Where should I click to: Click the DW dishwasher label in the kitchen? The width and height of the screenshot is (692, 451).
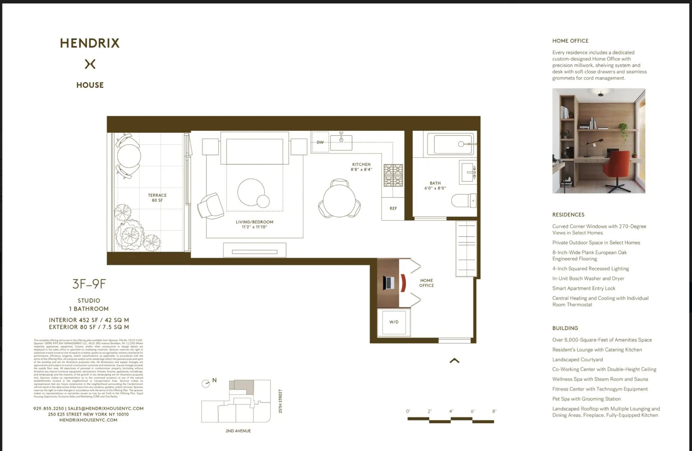320,142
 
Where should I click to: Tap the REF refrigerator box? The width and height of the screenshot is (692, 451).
393,209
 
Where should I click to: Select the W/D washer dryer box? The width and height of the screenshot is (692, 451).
394,322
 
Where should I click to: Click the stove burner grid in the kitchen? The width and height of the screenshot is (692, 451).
393,175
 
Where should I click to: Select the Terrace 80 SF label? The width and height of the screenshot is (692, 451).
157,198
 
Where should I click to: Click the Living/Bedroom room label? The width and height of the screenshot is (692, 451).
254,224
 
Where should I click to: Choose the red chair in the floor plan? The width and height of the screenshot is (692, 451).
403,283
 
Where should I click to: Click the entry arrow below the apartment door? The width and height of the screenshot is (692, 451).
454,360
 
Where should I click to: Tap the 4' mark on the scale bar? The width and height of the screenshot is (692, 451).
451,411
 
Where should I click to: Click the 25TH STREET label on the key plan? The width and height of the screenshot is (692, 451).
280,401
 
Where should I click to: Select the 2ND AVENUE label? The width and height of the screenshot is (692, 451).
238,431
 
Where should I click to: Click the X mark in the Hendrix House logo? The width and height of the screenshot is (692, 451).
90,64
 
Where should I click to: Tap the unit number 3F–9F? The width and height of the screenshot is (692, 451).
89,284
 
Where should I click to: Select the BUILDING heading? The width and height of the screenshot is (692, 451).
565,328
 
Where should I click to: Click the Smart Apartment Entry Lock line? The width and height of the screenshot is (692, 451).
584,288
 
